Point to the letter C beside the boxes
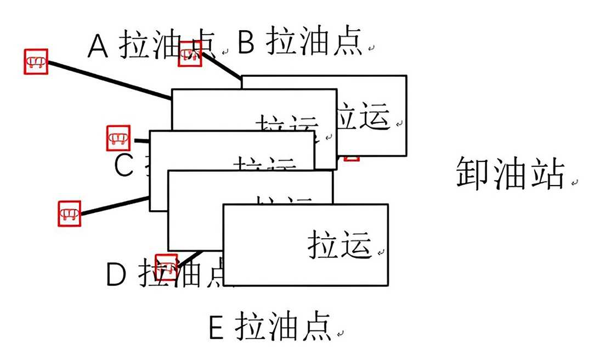click(124, 165)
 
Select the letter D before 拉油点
click(116, 274)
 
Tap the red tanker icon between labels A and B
click(190, 54)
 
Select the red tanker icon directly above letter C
click(118, 138)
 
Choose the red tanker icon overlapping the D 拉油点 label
click(167, 267)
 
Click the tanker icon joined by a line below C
click(70, 212)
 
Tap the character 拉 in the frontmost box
click(324, 244)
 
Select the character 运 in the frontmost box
click(357, 244)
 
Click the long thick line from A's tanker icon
click(110, 80)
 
